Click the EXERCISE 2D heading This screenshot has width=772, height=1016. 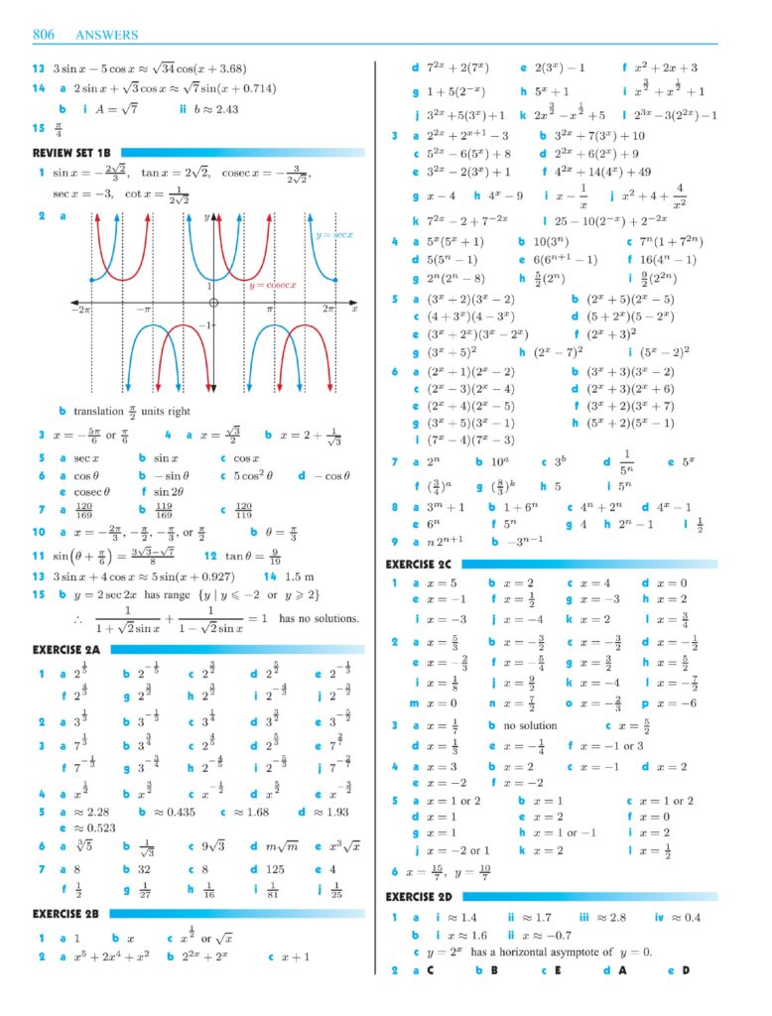click(x=421, y=897)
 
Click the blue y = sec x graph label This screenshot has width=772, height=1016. click(x=334, y=235)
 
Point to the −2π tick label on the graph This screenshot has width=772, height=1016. click(x=80, y=310)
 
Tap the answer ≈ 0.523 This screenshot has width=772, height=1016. click(x=93, y=827)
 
